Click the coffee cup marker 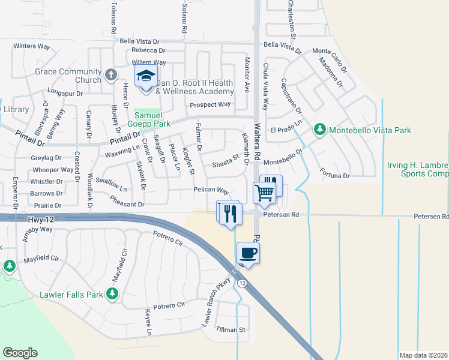pos(248,253)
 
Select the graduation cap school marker pos(145,76)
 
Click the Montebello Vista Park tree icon pos(321,129)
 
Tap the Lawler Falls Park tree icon pos(112,293)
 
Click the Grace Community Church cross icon pos(110,75)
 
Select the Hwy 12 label pos(40,220)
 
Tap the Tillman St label pos(231,330)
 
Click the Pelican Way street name pos(211,191)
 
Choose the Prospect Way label pos(210,104)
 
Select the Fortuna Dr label pos(335,175)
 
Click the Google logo pos(20,352)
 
